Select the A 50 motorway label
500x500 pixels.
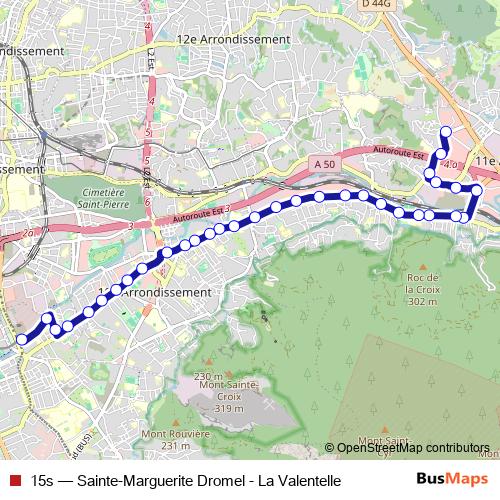tap(323, 163)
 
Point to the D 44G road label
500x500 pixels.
tap(376, 5)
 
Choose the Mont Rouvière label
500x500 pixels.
tap(175, 433)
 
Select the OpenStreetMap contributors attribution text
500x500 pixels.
tap(413, 448)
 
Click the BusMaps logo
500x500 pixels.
tap(453, 480)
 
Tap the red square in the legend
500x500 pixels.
tap(14, 481)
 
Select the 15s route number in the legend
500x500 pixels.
tap(43, 481)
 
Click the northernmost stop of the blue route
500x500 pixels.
tap(446, 132)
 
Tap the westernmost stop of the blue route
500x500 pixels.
tap(22, 340)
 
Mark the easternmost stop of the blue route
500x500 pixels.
tap(477, 190)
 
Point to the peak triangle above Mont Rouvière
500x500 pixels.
tap(176, 420)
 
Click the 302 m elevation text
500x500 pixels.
tap(423, 301)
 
